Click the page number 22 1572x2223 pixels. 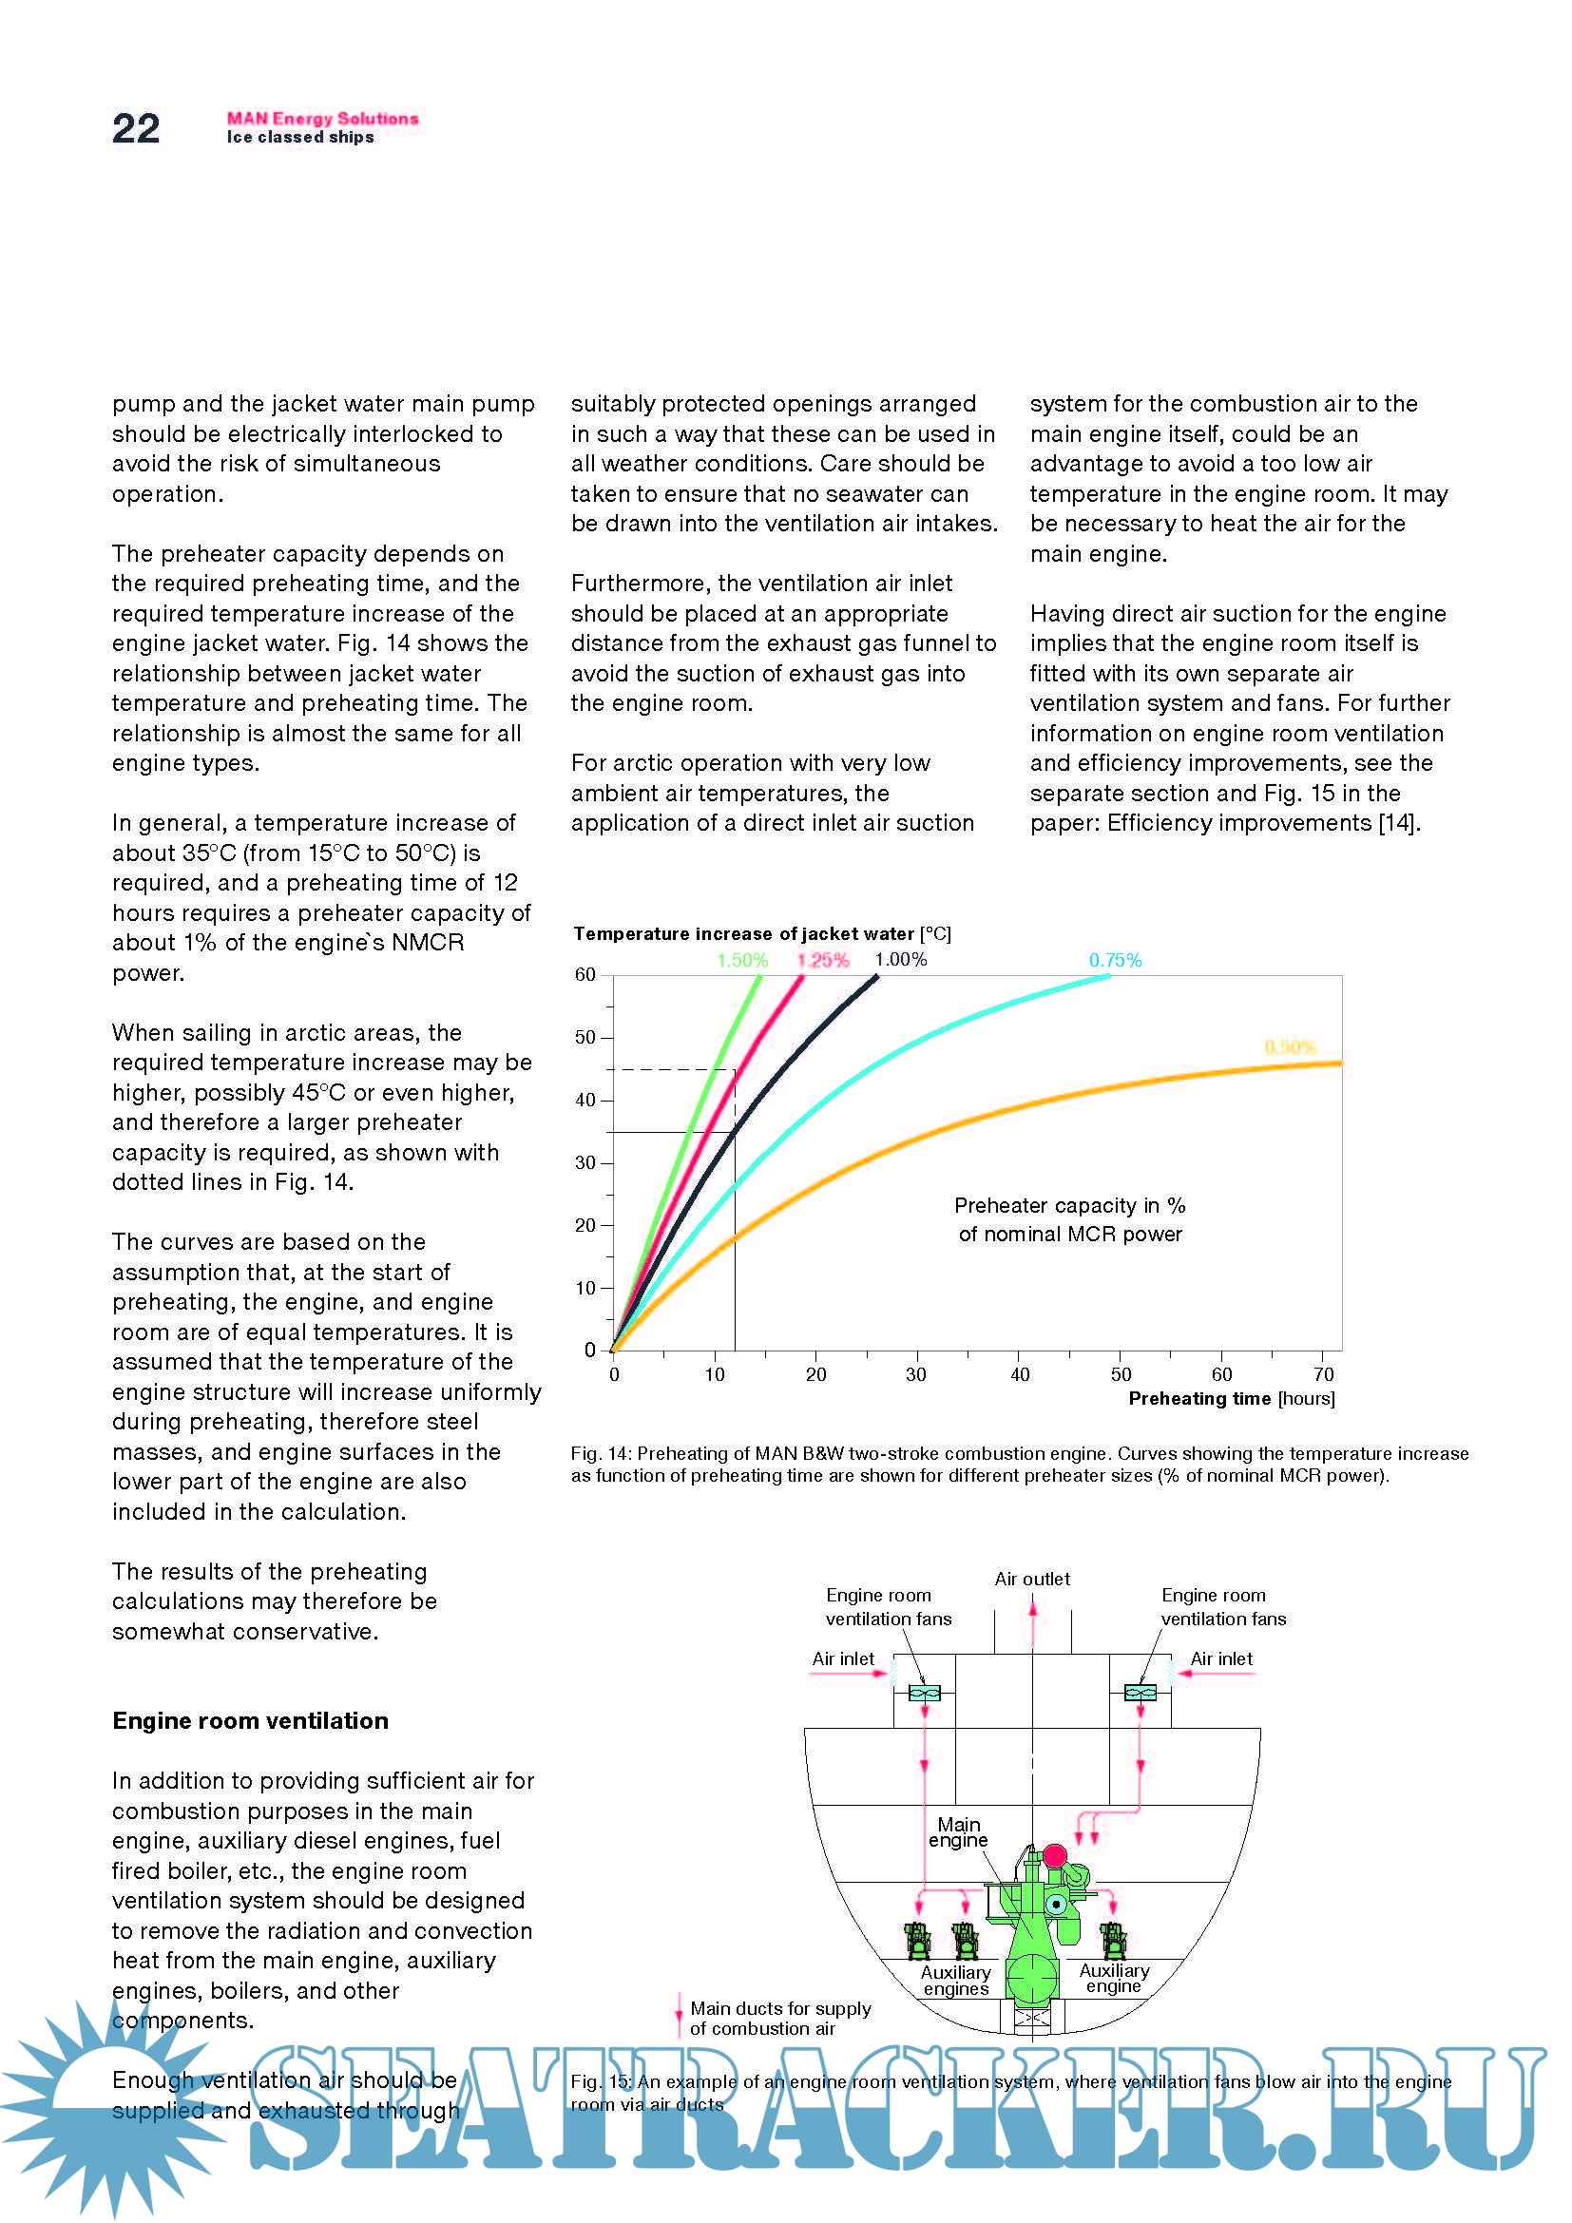pos(136,128)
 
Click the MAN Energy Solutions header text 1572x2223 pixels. pos(322,118)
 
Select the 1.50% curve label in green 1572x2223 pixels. pos(742,961)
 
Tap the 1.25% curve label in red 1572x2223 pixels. pos(823,961)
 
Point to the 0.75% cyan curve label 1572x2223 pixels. pos(1115,961)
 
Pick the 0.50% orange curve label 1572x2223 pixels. pos(1291,1047)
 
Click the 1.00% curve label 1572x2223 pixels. pos(901,960)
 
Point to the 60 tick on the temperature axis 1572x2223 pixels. pos(585,975)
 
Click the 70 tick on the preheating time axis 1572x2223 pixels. pos(1324,1375)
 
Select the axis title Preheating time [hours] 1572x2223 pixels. pos(1231,1399)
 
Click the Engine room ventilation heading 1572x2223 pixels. pos(250,1720)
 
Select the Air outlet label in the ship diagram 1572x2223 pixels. pos(1032,1580)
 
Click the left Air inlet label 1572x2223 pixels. pos(842,1659)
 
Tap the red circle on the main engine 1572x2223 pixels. pos(1054,1856)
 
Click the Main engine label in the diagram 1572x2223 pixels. pos(958,1832)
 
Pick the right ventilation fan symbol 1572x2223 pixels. pos(1141,1693)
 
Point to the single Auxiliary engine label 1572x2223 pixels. pos(1114,1978)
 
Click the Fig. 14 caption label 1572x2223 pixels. pos(600,1453)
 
